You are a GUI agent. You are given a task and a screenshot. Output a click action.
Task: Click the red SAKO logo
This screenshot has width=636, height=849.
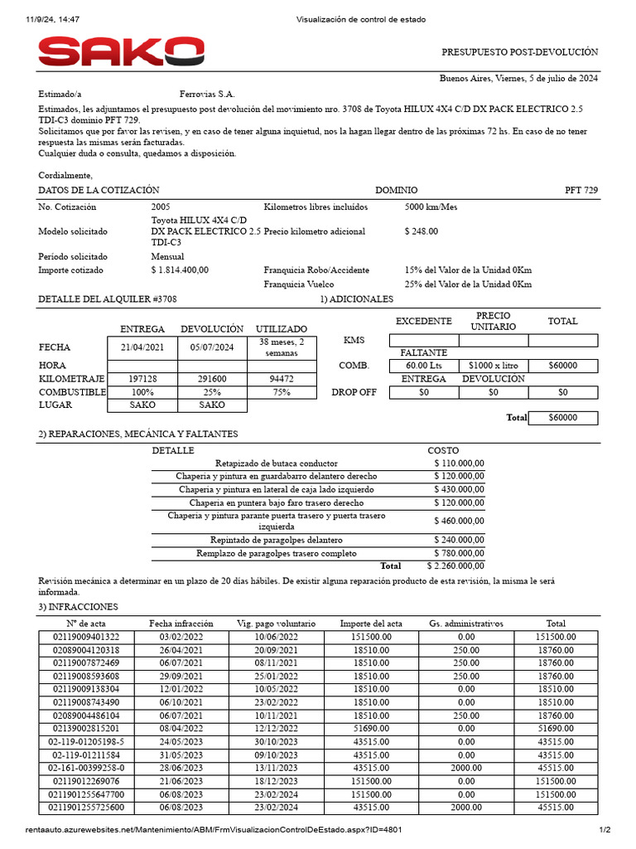(122, 52)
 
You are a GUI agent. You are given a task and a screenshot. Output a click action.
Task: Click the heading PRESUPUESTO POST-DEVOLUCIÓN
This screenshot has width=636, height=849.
(519, 51)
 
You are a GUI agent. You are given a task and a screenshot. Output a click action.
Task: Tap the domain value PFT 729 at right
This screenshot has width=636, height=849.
(581, 190)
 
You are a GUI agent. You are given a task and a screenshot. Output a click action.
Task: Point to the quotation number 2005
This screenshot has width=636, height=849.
(161, 206)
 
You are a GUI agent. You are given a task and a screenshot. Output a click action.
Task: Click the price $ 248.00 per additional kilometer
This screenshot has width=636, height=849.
(422, 231)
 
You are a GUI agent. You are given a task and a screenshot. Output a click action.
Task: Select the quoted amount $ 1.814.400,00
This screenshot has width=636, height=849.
(180, 269)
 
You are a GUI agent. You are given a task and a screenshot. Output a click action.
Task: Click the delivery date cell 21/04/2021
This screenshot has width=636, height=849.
(142, 347)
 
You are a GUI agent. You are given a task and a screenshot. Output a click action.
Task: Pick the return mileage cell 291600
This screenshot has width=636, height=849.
(212, 378)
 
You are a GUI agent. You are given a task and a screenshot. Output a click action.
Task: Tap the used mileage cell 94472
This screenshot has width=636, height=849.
(282, 378)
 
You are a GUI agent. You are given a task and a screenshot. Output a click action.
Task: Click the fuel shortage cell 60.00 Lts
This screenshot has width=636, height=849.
(424, 365)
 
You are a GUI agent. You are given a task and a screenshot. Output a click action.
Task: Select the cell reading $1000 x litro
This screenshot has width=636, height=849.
(493, 365)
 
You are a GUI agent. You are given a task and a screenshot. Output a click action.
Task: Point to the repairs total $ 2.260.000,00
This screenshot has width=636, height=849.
(455, 565)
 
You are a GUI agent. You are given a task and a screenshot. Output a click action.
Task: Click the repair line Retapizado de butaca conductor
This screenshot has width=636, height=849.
(276, 463)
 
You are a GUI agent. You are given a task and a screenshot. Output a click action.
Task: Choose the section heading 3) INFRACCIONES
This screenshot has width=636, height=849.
(79, 607)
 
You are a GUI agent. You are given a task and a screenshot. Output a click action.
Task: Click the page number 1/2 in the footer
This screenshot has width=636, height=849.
(604, 829)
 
